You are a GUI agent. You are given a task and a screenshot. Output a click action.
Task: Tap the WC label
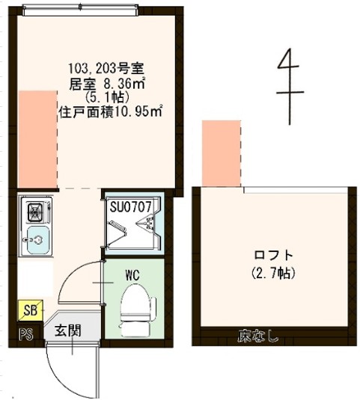132,275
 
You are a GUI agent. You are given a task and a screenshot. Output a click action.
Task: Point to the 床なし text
258,336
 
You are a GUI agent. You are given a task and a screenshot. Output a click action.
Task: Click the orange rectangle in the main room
37,138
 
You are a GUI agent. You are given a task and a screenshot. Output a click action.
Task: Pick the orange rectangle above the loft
222,153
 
